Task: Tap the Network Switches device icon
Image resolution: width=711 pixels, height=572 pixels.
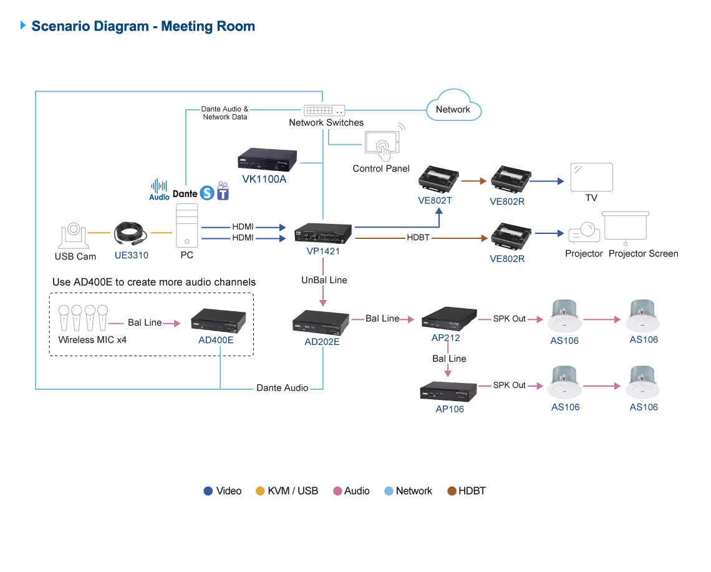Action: pos(324,110)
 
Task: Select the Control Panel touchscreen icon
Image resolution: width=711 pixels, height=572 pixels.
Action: pos(382,143)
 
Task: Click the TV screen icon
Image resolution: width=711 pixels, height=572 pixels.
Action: pos(592,177)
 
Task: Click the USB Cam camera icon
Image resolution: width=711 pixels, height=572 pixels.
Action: pos(73,236)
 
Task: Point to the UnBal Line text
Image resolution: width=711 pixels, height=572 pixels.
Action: pos(324,281)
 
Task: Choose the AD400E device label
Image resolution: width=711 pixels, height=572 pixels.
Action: pos(216,340)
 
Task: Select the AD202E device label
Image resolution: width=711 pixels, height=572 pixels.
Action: pos(322,341)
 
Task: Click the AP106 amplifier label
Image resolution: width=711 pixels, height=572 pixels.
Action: pos(449,409)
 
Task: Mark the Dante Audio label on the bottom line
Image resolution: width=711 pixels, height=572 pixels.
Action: pos(282,388)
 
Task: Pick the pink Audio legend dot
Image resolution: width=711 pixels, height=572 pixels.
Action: pos(337,492)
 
